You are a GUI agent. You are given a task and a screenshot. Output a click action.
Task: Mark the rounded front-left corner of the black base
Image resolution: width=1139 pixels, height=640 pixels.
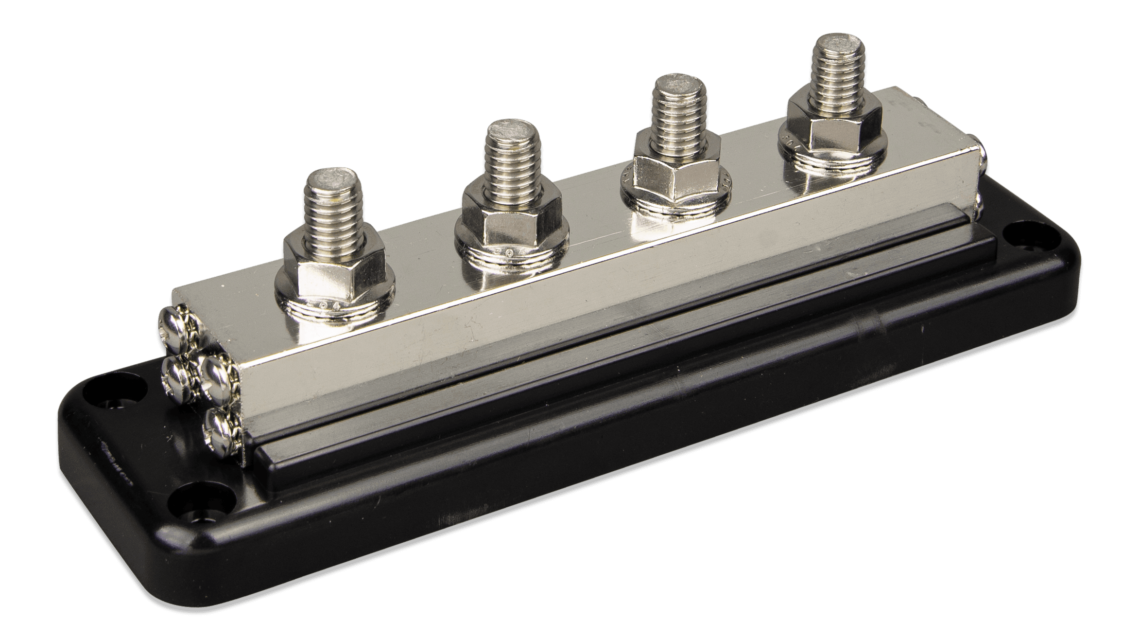coord(185,545)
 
